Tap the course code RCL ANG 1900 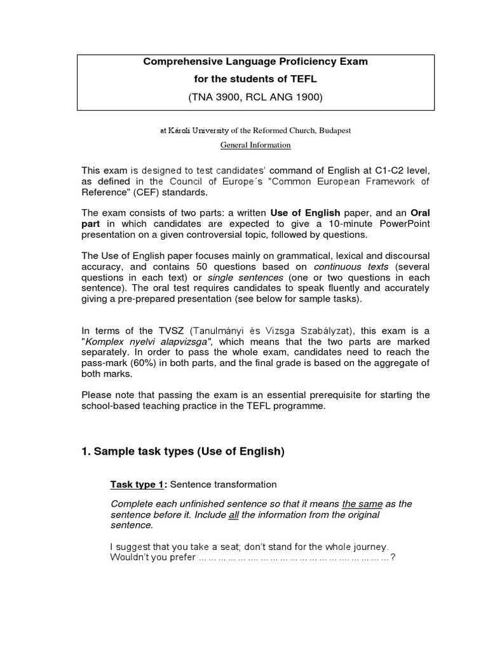pos(287,97)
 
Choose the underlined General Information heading pos(255,145)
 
